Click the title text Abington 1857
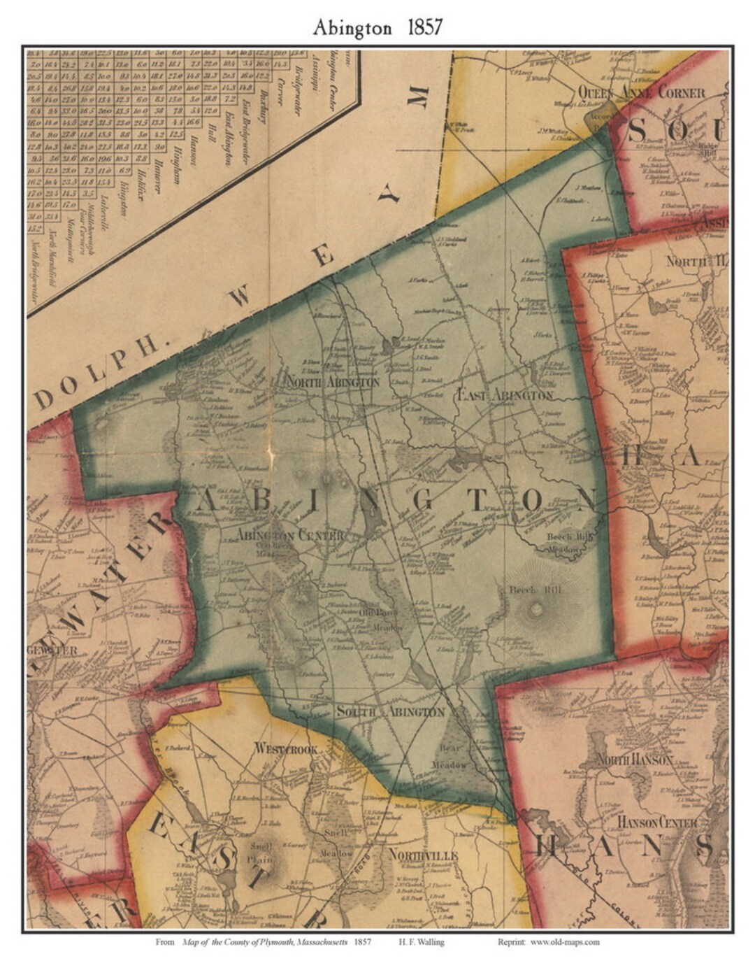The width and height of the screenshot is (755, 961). (x=377, y=27)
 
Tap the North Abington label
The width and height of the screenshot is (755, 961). (x=332, y=383)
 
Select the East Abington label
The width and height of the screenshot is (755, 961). (x=505, y=395)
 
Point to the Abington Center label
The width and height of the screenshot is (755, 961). (x=290, y=536)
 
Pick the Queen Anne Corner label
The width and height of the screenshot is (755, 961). (x=640, y=92)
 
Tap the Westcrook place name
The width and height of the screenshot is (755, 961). (x=287, y=748)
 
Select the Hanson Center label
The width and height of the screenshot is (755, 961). (x=658, y=822)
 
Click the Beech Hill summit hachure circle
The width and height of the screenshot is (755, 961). (x=536, y=609)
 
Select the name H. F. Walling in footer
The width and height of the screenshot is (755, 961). (x=424, y=942)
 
